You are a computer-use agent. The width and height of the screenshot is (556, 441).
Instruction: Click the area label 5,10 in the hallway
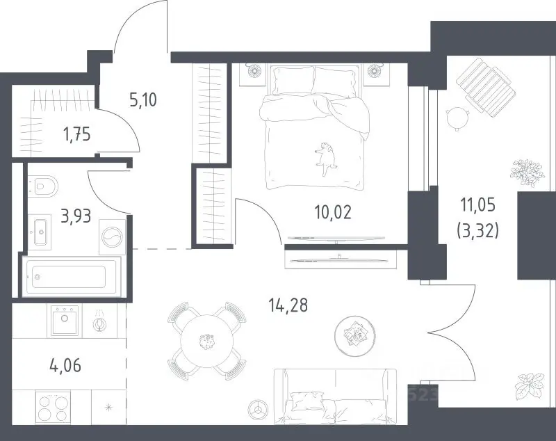pos(143,99)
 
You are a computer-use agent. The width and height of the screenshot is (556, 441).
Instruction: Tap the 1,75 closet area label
pos(77,135)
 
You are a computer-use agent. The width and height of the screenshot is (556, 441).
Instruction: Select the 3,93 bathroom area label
pos(76,216)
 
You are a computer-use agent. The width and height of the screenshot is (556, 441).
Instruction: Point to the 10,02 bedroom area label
pos(333,212)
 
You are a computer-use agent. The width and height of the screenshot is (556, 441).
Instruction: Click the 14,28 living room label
pos(288,305)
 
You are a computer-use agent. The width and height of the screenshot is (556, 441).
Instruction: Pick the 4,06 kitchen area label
pos(65,365)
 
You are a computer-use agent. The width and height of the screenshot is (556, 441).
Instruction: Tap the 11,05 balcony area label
pos(477,205)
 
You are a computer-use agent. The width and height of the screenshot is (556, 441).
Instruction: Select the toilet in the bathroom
pos(42,185)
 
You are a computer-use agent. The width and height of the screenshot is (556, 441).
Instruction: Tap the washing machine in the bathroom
pos(113,236)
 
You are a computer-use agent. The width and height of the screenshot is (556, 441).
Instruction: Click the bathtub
pos(72,277)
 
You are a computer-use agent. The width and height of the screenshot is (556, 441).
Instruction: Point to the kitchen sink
pos(64,320)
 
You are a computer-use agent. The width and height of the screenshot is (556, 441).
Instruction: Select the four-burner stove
pos(54,407)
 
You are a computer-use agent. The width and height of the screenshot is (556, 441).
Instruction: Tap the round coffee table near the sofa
pos(354,334)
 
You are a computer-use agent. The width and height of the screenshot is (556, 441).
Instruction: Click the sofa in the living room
pos(336,396)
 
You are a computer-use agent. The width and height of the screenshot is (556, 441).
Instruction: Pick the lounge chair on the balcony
pos(485,87)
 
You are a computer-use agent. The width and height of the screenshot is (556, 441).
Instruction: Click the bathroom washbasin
pos(40,232)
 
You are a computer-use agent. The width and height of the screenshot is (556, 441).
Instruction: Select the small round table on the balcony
pos(458,118)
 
